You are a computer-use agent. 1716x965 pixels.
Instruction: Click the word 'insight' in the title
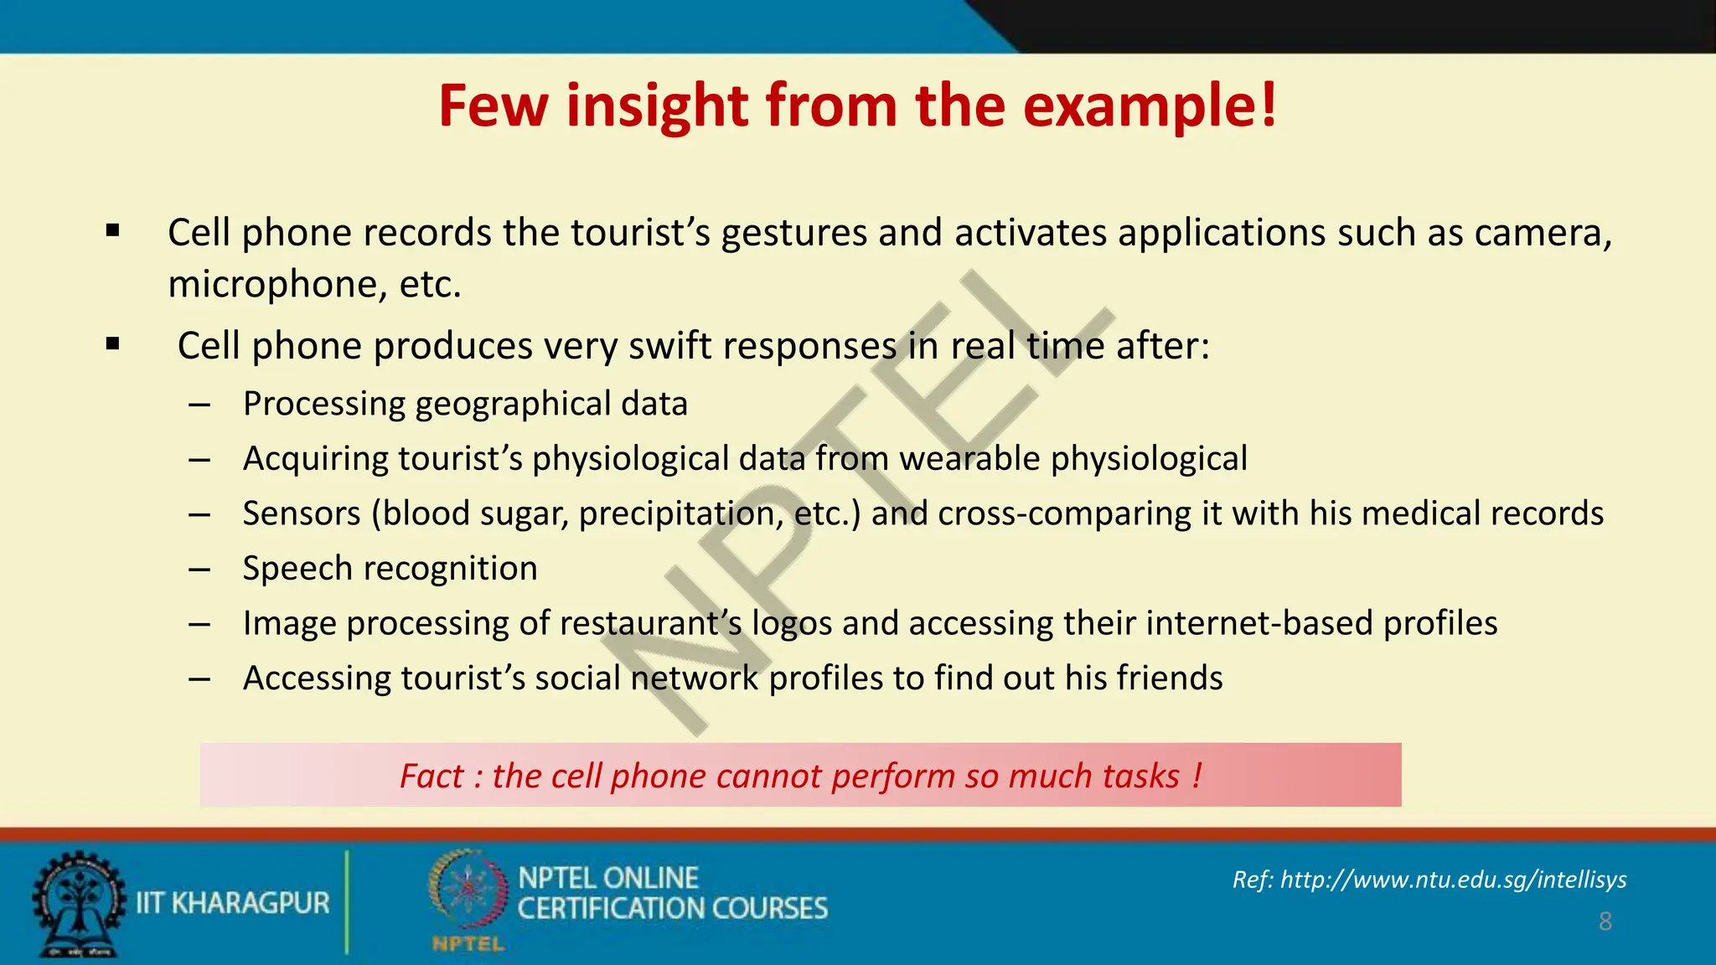(657, 106)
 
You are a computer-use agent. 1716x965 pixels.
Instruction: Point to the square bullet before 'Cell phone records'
(113, 230)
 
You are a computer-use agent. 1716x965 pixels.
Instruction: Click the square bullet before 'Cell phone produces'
(113, 343)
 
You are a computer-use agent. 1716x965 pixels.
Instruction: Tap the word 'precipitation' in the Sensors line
(680, 513)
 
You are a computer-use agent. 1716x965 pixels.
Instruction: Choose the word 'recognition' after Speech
(451, 569)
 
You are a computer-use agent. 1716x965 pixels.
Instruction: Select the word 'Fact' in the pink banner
(431, 777)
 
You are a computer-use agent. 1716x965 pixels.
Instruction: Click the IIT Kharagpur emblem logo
(79, 903)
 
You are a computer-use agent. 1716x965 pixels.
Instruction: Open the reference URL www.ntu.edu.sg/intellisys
(1453, 880)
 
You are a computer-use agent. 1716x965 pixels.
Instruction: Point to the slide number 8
(1605, 921)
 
